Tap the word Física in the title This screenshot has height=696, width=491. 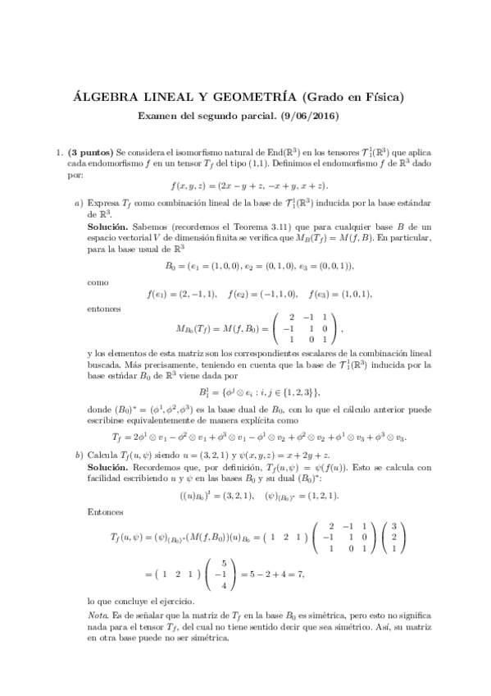coord(383,97)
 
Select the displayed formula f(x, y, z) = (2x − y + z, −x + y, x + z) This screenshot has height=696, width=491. coord(245,186)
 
